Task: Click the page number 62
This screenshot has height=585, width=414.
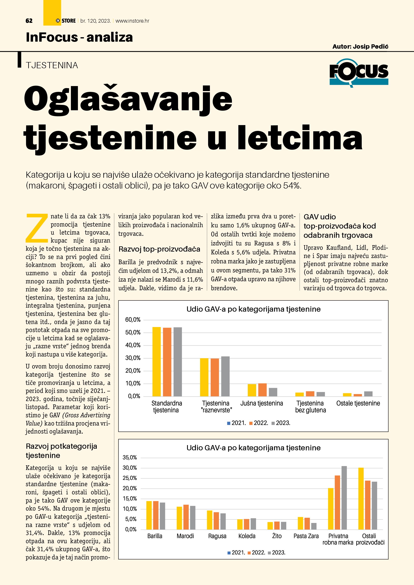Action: point(29,21)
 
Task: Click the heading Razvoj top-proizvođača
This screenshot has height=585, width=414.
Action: point(159,249)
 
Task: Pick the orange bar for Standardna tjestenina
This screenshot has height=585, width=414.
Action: point(167,362)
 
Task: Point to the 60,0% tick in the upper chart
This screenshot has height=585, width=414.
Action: point(133,320)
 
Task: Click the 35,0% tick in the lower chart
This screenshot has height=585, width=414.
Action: point(130,458)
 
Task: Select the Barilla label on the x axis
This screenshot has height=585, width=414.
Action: point(155,536)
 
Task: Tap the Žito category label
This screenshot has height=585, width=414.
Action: point(277,536)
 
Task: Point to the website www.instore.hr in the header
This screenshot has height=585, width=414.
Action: point(132,21)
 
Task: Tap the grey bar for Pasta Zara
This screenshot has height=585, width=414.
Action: point(314,526)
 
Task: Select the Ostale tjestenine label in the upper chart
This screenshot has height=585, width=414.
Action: point(358,403)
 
